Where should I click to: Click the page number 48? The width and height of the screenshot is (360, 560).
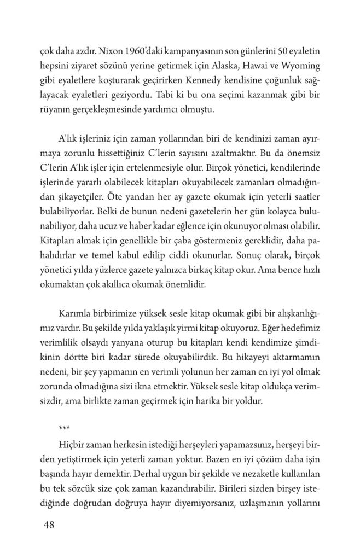pyautogui.click(x=49, y=526)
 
